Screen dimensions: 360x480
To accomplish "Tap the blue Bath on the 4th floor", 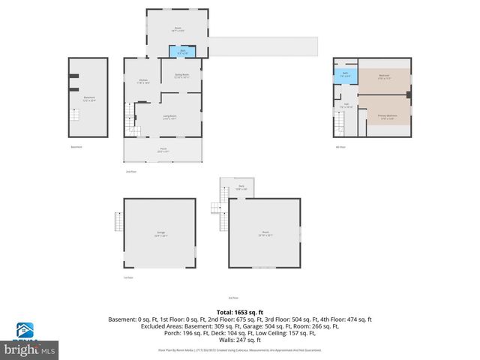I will pyautogui.click(x=346, y=75).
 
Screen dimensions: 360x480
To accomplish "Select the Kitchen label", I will pyautogui.click(x=143, y=82).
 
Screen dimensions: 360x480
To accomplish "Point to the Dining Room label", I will pyautogui.click(x=181, y=76).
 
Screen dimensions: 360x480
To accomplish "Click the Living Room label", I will pyautogui.click(x=170, y=117).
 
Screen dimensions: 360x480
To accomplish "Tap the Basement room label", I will pyautogui.click(x=89, y=98).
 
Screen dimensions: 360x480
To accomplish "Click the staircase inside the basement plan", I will pyautogui.click(x=75, y=117).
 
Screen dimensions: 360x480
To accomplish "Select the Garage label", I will pyautogui.click(x=160, y=235).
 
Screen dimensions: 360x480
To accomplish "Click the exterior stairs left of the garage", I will pyautogui.click(x=117, y=223).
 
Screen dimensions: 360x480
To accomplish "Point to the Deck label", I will pyautogui.click(x=241, y=187).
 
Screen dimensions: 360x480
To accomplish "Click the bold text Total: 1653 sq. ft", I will pyautogui.click(x=239, y=311).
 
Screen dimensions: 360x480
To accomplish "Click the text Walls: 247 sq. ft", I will pyautogui.click(x=239, y=338).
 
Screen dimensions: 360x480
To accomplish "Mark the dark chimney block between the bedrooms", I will pyautogui.click(x=408, y=95).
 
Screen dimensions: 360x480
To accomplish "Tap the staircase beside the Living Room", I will pyautogui.click(x=132, y=119).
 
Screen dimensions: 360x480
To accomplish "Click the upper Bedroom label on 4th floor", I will pyautogui.click(x=383, y=76).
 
